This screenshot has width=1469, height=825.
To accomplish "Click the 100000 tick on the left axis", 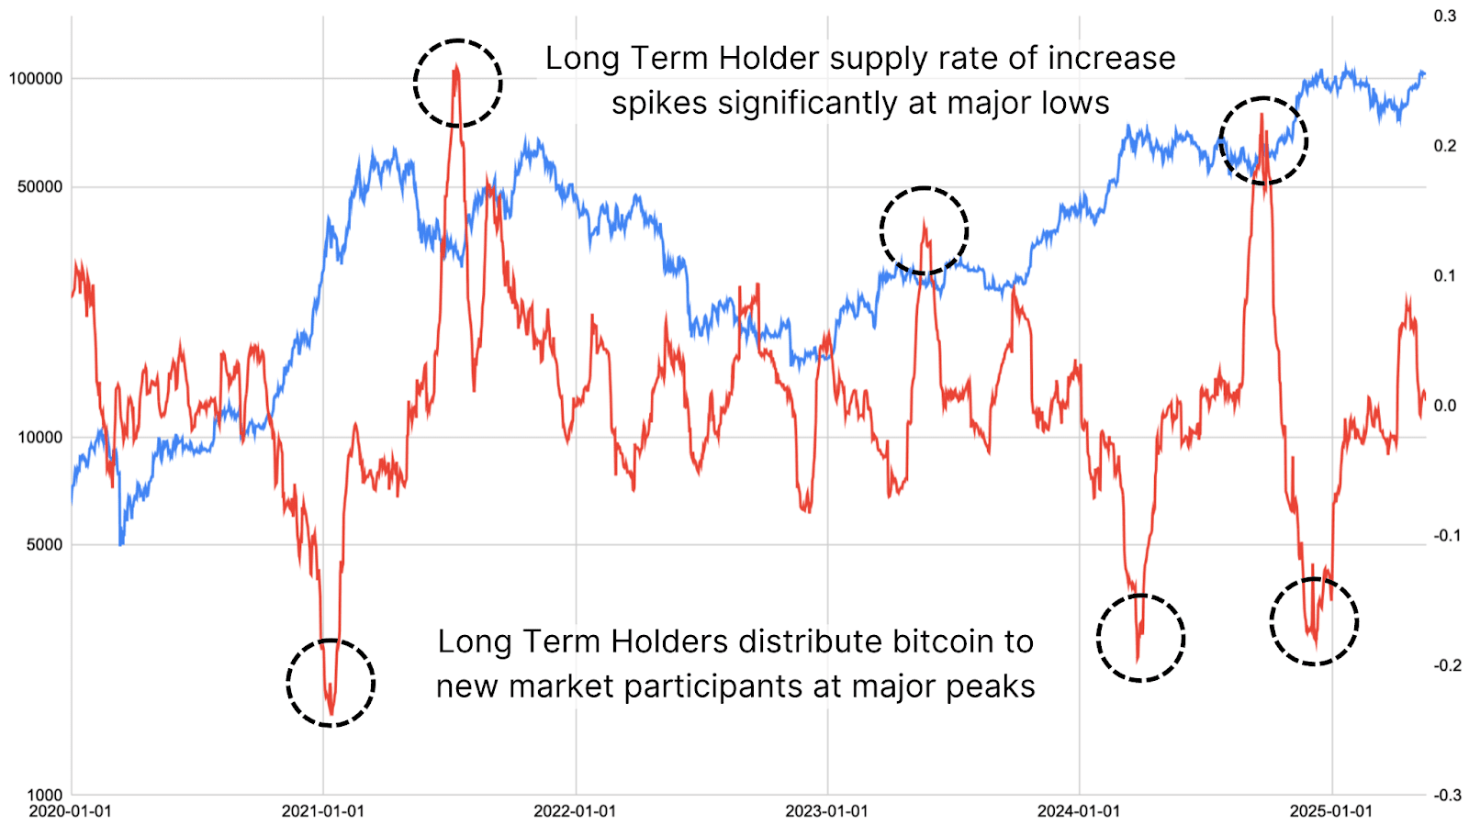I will click(x=36, y=79).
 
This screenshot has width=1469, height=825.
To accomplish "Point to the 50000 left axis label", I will click(x=39, y=187).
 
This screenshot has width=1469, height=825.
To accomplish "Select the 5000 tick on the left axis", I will click(x=44, y=544).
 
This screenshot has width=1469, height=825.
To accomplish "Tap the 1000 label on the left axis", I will click(x=44, y=795).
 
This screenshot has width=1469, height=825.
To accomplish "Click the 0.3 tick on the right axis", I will click(x=1445, y=16).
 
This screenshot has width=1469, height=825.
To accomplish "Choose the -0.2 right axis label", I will click(x=1447, y=665).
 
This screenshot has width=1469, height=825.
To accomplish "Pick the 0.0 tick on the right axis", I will click(x=1445, y=406).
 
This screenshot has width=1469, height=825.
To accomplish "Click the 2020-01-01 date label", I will click(x=70, y=811).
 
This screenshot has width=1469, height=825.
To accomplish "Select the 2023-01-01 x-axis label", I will click(x=826, y=811).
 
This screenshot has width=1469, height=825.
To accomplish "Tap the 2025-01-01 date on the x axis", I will click(x=1330, y=811).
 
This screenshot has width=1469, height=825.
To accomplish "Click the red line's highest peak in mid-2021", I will click(x=456, y=68).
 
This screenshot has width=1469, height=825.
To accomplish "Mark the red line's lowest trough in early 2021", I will click(x=331, y=712).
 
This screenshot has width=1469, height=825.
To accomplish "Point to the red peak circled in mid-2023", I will click(x=924, y=221).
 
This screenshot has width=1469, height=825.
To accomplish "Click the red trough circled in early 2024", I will click(x=1138, y=659).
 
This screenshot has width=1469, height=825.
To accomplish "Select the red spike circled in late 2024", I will click(x=1262, y=115).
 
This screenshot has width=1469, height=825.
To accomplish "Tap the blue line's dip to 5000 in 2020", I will click(x=121, y=543).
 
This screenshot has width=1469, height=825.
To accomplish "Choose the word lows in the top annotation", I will click(x=1073, y=103).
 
